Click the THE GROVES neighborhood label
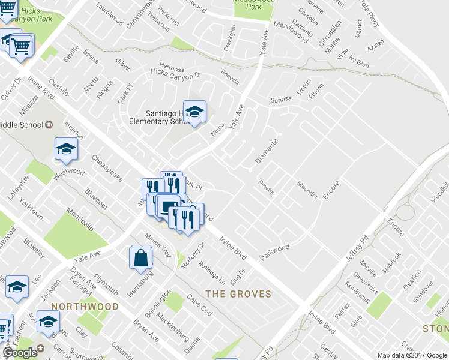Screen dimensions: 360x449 pyautogui.click(x=238, y=294)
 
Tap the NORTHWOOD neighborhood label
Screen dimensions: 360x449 pyautogui.click(x=85, y=306)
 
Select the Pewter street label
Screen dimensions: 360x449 pyautogui.click(x=266, y=187)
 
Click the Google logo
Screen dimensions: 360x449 pyautogui.click(x=20, y=353)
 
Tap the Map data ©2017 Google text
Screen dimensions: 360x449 pyautogui.click(x=412, y=355)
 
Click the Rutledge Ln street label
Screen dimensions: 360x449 pyautogui.click(x=212, y=272)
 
